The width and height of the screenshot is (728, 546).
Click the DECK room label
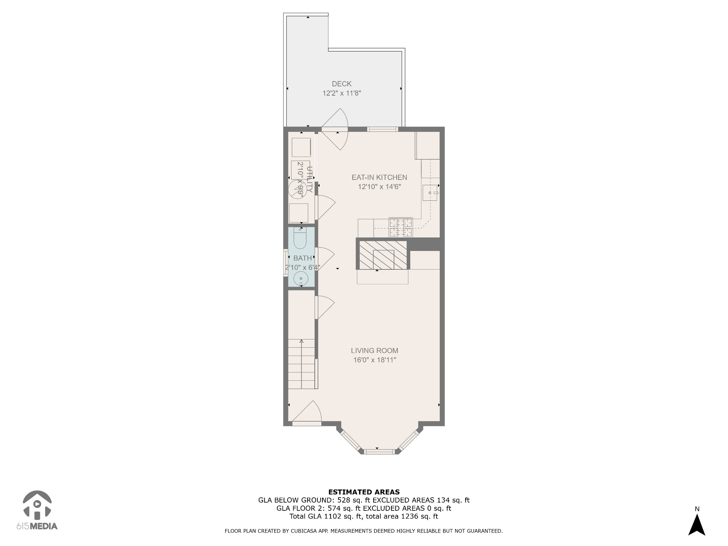(342, 84)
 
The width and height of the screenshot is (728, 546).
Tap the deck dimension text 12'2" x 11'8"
(342, 93)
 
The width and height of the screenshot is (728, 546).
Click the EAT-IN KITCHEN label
(379, 177)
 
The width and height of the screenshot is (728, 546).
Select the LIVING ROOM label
(374, 350)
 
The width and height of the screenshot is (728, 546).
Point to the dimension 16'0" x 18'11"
(374, 360)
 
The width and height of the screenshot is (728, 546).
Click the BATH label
(303, 258)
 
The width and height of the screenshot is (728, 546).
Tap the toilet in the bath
(300, 239)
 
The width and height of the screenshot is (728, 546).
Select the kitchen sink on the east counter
(430, 193)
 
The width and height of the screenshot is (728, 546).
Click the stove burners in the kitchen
(401, 227)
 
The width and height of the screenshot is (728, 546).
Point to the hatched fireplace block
(383, 255)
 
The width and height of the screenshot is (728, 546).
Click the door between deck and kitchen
(335, 129)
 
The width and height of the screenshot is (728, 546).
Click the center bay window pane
(380, 452)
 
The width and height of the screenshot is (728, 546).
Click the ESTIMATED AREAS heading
(364, 492)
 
